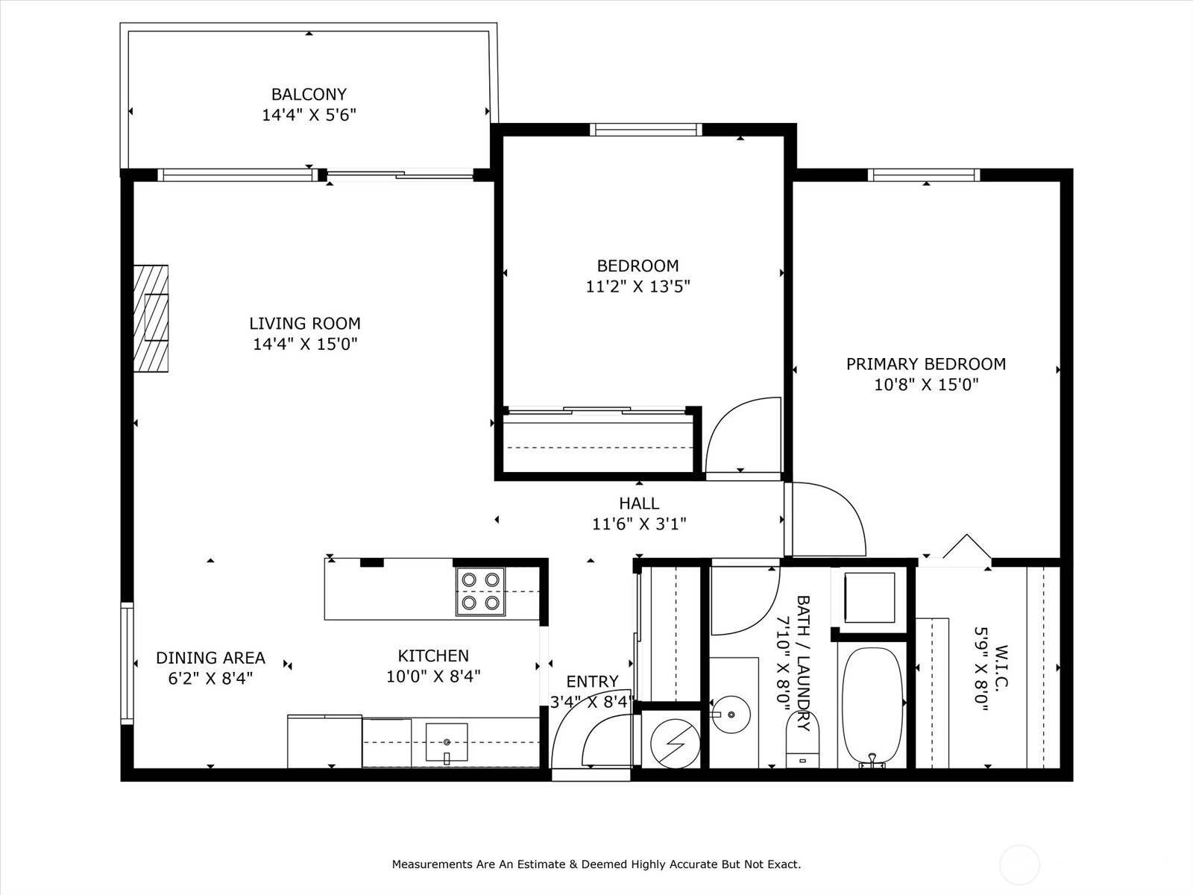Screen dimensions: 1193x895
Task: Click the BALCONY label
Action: click(x=309, y=95)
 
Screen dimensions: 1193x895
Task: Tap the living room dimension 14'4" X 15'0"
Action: click(x=305, y=344)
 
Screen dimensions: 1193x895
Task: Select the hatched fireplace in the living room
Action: click(x=151, y=318)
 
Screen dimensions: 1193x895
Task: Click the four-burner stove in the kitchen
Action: click(x=480, y=591)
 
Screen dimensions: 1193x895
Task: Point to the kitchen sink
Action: click(x=446, y=742)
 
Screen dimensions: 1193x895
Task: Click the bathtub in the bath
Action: click(x=872, y=706)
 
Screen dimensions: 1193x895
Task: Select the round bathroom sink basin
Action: click(x=731, y=714)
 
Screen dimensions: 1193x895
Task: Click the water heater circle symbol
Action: click(x=675, y=744)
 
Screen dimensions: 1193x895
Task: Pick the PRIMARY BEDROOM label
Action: click(x=926, y=364)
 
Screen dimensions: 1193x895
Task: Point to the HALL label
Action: click(x=639, y=503)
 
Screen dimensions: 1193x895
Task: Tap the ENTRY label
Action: click(x=593, y=682)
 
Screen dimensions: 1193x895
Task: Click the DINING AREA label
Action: click(x=210, y=658)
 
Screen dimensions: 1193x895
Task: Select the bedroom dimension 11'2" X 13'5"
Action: click(x=638, y=286)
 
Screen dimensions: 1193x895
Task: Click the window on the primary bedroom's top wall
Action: click(x=924, y=175)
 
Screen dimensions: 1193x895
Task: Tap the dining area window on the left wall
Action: click(x=128, y=664)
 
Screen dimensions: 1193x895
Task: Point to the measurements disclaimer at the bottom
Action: click(x=596, y=864)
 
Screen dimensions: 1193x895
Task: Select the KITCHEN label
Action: click(x=433, y=656)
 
